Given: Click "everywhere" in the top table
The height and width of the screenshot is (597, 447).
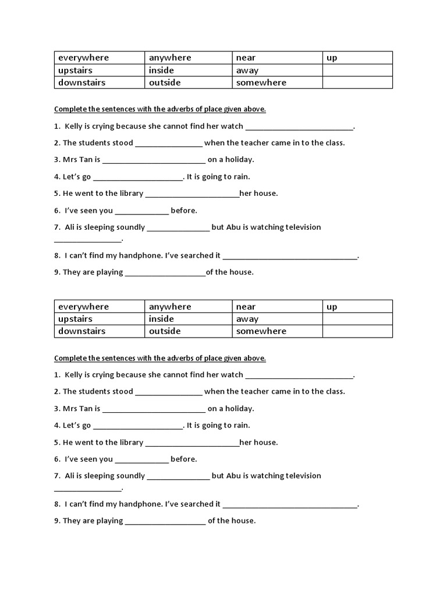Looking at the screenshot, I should [83, 58].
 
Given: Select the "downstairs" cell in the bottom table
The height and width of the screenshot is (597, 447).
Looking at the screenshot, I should [81, 331].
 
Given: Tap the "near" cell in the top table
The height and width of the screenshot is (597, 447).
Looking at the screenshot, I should [246, 58].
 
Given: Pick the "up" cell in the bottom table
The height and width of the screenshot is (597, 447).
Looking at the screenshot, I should [332, 307].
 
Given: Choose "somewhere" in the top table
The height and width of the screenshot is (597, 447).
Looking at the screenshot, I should [261, 83].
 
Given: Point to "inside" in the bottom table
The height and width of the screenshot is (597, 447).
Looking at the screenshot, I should [161, 319].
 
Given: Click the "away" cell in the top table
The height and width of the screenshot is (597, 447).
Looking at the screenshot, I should [247, 71].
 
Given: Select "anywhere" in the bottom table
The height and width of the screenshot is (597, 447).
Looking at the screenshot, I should [170, 307].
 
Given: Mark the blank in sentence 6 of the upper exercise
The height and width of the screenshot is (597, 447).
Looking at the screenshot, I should [141, 211].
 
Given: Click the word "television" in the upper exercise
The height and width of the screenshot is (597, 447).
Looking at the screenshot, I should [297, 227].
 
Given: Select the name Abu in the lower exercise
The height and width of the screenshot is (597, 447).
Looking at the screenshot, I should [234, 476].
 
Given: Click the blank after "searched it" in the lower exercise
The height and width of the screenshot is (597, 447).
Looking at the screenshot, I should [289, 504].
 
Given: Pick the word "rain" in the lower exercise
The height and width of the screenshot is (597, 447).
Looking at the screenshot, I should [241, 426].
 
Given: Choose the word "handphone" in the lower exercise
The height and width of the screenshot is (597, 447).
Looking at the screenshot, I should [144, 504].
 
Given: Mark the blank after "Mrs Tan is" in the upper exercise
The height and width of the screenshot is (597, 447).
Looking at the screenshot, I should [154, 160].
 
